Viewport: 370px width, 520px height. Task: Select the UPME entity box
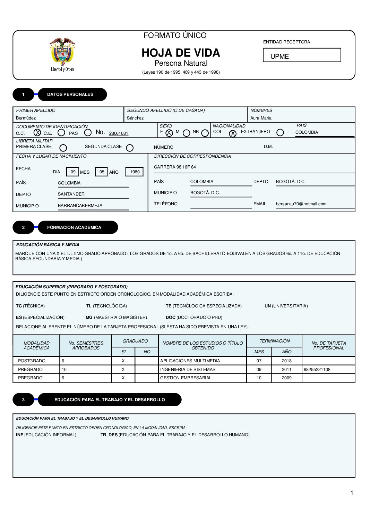click(302, 55)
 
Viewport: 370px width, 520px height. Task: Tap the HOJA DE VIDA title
click(181, 53)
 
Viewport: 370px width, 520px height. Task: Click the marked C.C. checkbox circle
click(37, 132)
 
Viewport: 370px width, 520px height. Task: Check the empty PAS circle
click(88, 132)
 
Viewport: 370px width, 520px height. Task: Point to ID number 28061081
click(119, 133)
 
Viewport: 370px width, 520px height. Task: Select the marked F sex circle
click(169, 133)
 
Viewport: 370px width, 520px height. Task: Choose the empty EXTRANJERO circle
click(280, 132)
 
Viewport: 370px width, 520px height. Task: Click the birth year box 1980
click(135, 172)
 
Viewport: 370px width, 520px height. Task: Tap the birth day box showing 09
click(73, 172)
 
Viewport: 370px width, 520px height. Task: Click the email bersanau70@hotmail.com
click(301, 204)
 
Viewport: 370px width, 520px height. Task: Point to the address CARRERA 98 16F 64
click(175, 167)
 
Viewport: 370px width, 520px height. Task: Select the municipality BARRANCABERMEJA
click(80, 206)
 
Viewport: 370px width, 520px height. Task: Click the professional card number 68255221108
click(317, 370)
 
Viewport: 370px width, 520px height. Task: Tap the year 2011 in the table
click(286, 370)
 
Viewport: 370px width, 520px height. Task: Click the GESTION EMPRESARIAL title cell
click(186, 378)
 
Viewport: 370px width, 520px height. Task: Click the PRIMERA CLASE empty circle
click(63, 148)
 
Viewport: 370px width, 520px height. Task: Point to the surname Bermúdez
click(26, 118)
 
